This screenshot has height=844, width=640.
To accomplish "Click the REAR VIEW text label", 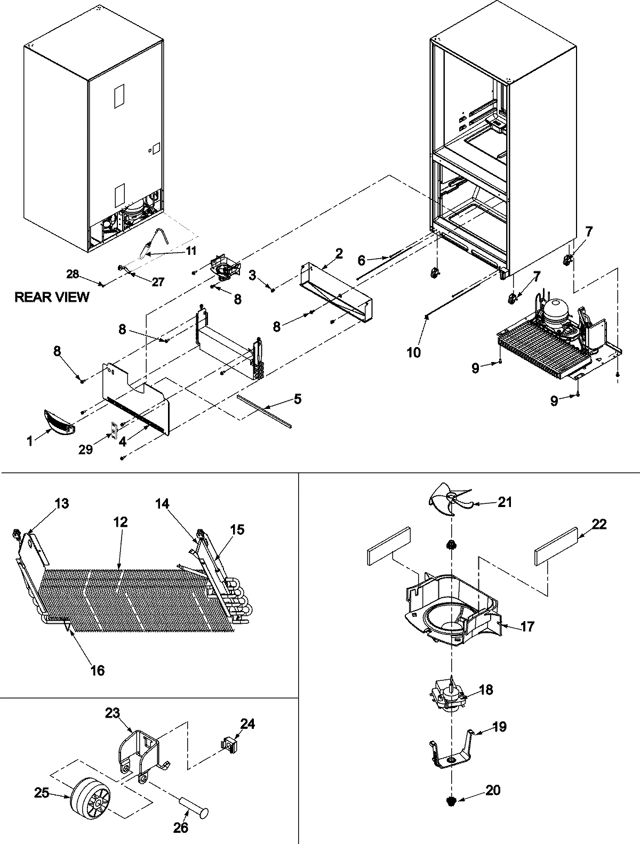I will click(52, 297).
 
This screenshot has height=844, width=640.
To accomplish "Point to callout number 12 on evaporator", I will click(121, 523).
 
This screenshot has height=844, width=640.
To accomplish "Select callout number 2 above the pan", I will click(339, 254).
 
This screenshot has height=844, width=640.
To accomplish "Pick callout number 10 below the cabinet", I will click(414, 352).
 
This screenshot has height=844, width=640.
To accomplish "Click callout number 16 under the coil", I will click(97, 670).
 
